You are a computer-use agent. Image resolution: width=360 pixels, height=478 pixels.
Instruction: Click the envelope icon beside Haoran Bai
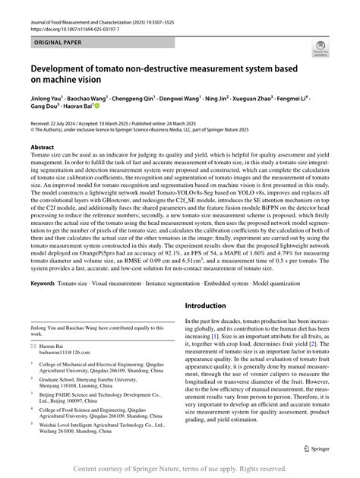[x=33, y=366]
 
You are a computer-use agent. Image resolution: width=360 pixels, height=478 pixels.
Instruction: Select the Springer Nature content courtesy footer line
[x=179, y=470]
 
